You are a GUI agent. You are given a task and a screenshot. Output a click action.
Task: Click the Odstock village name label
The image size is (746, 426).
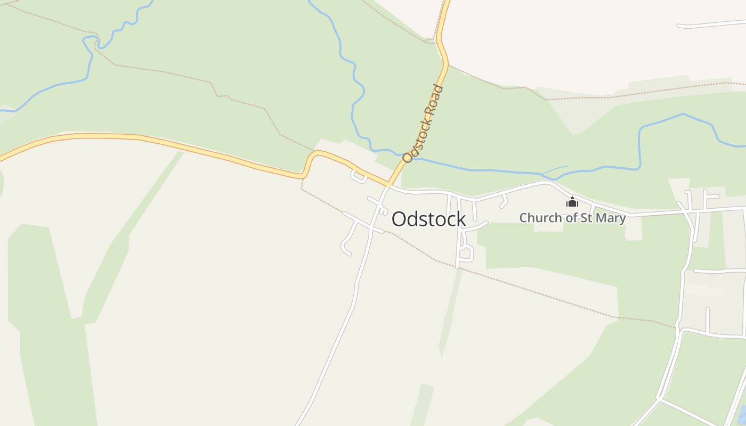pos(429,219)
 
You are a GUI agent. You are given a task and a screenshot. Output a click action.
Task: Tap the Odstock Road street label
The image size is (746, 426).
pos(424,124)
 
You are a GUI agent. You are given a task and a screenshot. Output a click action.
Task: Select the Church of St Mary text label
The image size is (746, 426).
pos(572,218)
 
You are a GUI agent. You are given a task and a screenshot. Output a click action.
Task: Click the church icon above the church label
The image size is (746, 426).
pos(572,202)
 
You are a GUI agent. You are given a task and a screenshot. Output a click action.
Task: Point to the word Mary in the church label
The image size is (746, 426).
pos(612,218)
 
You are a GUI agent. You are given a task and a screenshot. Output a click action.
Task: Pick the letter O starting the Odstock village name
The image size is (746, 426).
pos(398,219)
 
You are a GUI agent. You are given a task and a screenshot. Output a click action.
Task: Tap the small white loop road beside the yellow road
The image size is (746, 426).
pos(358,177)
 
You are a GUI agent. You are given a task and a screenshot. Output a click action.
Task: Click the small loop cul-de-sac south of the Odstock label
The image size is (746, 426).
pos(466,253)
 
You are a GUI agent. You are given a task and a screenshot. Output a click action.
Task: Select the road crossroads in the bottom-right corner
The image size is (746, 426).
pos(660,398)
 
